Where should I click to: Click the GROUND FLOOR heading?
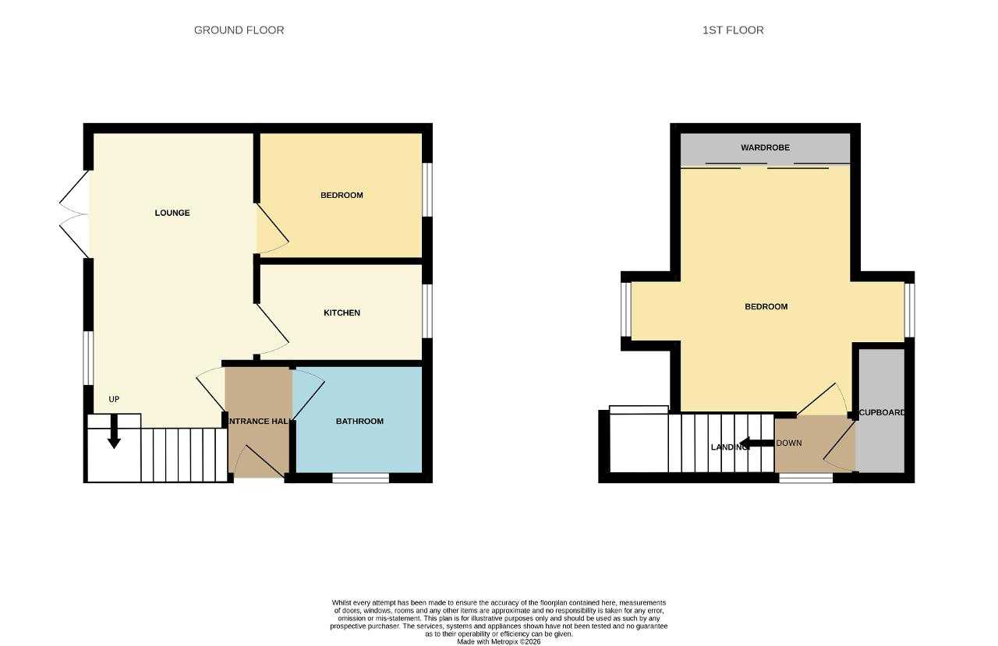coord(239,30)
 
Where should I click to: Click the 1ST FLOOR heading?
coord(733,30)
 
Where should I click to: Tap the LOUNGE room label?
coord(172,213)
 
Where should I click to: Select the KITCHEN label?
coord(342,313)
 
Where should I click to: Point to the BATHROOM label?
coord(359,421)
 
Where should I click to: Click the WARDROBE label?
coord(765,147)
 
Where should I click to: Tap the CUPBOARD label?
coord(882,413)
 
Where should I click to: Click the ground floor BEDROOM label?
coord(342,195)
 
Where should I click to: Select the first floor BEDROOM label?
coord(766,307)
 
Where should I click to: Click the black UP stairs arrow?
coord(114,431)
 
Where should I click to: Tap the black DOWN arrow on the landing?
coord(756,443)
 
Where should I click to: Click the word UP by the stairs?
coord(114,399)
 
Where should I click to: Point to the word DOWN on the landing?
coord(789,443)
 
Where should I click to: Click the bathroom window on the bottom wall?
coord(360,478)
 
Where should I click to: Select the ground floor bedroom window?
coord(426,189)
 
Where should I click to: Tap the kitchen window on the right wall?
coord(426,311)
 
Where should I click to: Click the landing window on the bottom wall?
coord(805,478)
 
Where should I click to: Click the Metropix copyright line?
coord(498,642)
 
